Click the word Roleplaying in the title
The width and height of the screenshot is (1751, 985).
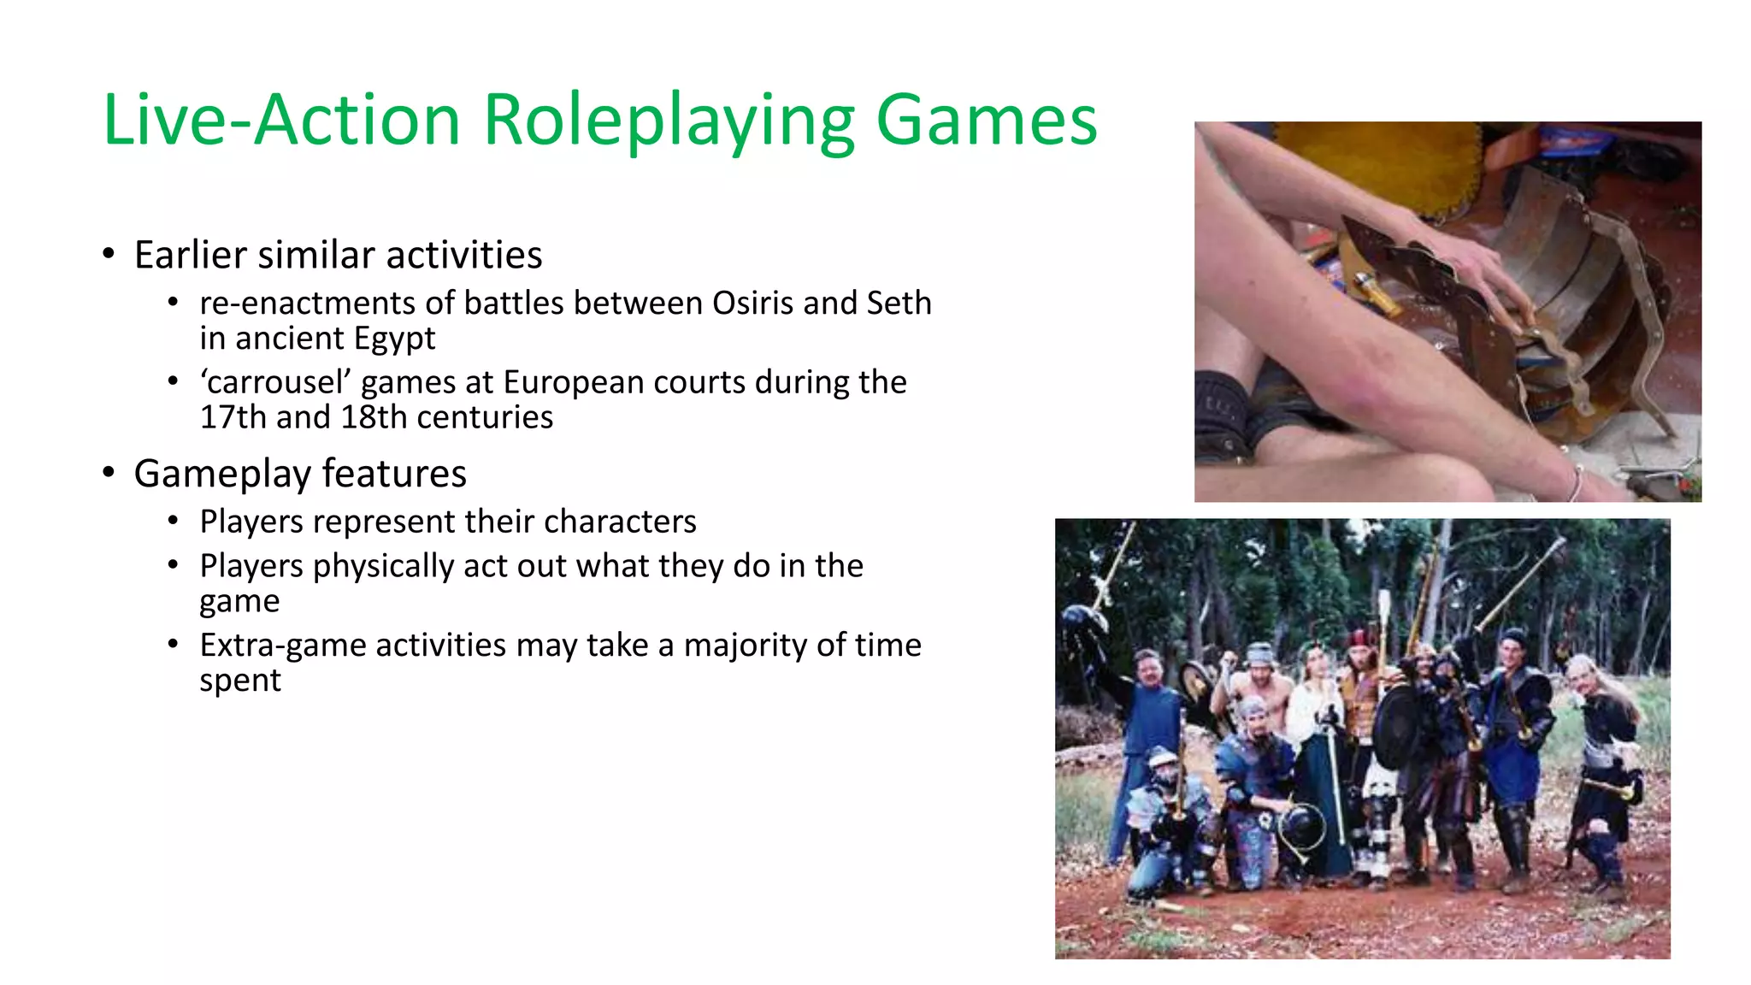click(669, 121)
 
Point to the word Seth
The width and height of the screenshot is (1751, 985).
click(899, 304)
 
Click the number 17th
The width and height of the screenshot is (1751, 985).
click(233, 417)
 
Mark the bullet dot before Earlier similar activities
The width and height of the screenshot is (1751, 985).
click(109, 254)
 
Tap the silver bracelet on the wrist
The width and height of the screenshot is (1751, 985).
click(1576, 485)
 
